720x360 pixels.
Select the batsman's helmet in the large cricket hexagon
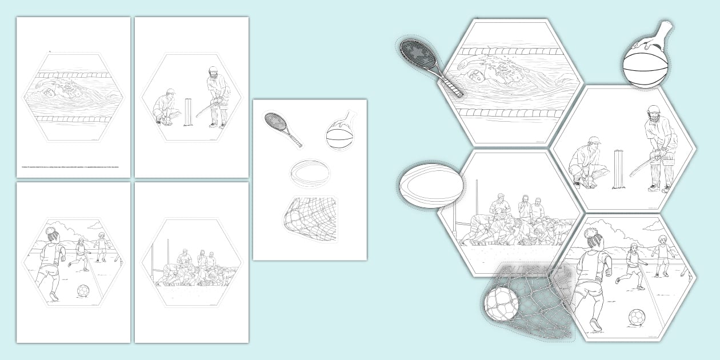tap(655, 111)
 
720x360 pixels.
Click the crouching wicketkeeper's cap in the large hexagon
tap(595, 140)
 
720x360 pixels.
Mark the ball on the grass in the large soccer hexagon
tap(637, 317)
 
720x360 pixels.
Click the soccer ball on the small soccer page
tap(83, 291)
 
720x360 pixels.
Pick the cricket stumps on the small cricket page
tap(187, 112)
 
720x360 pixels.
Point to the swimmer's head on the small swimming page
tap(48, 91)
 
